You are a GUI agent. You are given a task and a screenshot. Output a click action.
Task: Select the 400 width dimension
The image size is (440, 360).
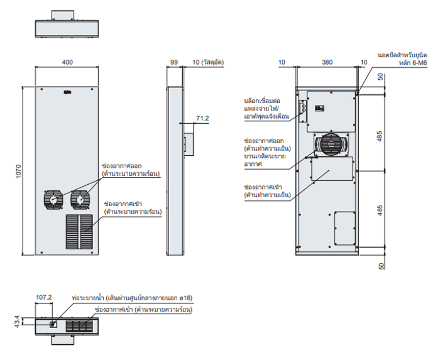click(67, 62)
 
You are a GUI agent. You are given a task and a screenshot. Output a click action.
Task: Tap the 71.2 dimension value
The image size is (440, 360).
click(202, 118)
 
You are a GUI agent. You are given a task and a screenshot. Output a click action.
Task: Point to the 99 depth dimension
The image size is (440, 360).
click(174, 62)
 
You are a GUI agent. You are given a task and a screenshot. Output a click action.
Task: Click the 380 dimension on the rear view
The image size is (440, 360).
click(327, 62)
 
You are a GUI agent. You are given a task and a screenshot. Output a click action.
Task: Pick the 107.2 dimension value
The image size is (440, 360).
click(43, 298)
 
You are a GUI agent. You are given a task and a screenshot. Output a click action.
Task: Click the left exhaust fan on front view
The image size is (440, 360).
click(53, 200)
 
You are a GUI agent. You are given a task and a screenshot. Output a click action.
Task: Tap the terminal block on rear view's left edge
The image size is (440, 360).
click(302, 113)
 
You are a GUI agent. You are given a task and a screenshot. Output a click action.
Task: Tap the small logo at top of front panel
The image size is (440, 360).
click(67, 94)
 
